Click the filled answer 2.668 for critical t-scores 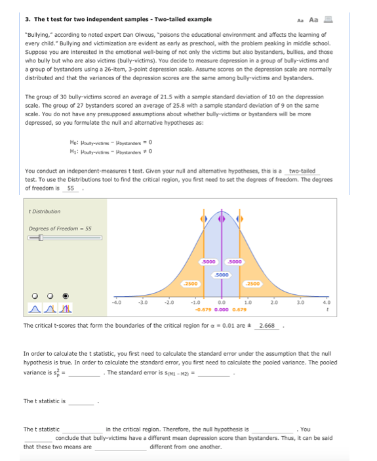[x=268, y=325]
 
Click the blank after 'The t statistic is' [x=82, y=401]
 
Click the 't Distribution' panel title [x=45, y=211]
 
